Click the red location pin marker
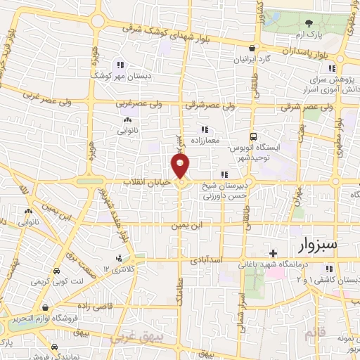pyautogui.click(x=181, y=166)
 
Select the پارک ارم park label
pyautogui.click(x=323, y=34)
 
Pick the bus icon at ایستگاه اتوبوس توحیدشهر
pyautogui.click(x=254, y=137)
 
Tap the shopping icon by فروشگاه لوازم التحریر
pyautogui.click(x=45, y=307)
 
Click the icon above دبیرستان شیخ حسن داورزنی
pyautogui.click(x=224, y=175)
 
